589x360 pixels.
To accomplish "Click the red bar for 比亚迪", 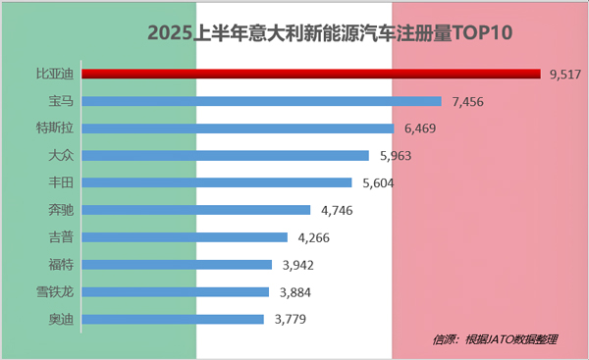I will pos(310,73).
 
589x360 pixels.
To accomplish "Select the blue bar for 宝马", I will pos(260,100).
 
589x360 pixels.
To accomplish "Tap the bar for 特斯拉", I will pos(237,128).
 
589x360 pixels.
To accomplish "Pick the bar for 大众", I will pos(225,155).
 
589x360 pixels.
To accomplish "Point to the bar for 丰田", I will pos(216,182).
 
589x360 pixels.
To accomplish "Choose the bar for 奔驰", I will pos(195,210).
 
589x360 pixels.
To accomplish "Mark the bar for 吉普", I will pos(184,237).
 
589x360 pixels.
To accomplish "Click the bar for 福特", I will pos(176,265).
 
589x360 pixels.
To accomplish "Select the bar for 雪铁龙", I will pos(175,292).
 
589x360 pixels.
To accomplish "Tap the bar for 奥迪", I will pos(172,320).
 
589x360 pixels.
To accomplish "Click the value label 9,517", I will pos(565,74).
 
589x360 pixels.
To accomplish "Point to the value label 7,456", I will pos(467,101).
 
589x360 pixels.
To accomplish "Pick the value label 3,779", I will pos(291,320).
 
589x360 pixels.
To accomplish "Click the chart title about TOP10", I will pos(331,33).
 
